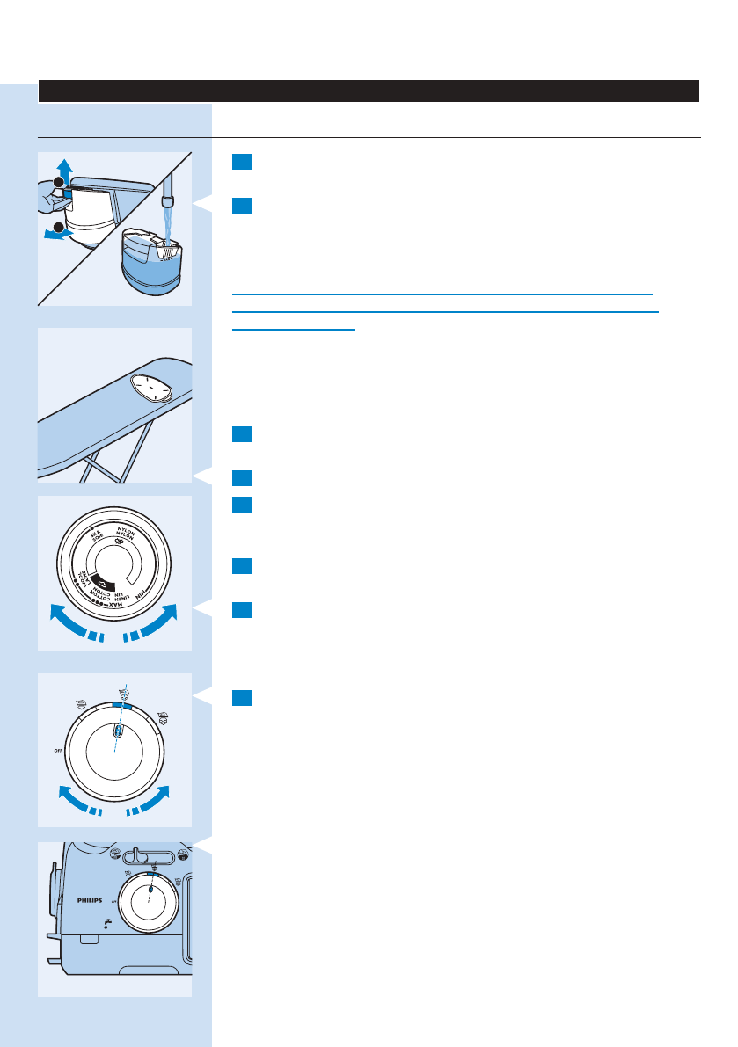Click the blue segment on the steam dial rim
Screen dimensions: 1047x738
tap(122, 705)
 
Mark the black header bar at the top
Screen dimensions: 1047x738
tap(369, 91)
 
